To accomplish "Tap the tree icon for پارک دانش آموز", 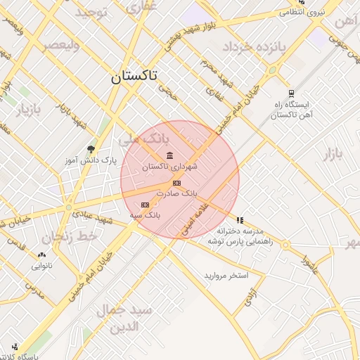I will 91,149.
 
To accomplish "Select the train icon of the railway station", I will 291,93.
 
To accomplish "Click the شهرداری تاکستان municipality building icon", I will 169,155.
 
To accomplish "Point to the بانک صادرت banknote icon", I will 176,183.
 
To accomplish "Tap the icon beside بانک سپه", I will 145,205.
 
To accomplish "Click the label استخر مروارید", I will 226,276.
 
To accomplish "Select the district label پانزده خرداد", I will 255,47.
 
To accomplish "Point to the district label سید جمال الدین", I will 134,319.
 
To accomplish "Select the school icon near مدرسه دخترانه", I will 240,220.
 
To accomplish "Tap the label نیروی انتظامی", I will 302,12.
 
